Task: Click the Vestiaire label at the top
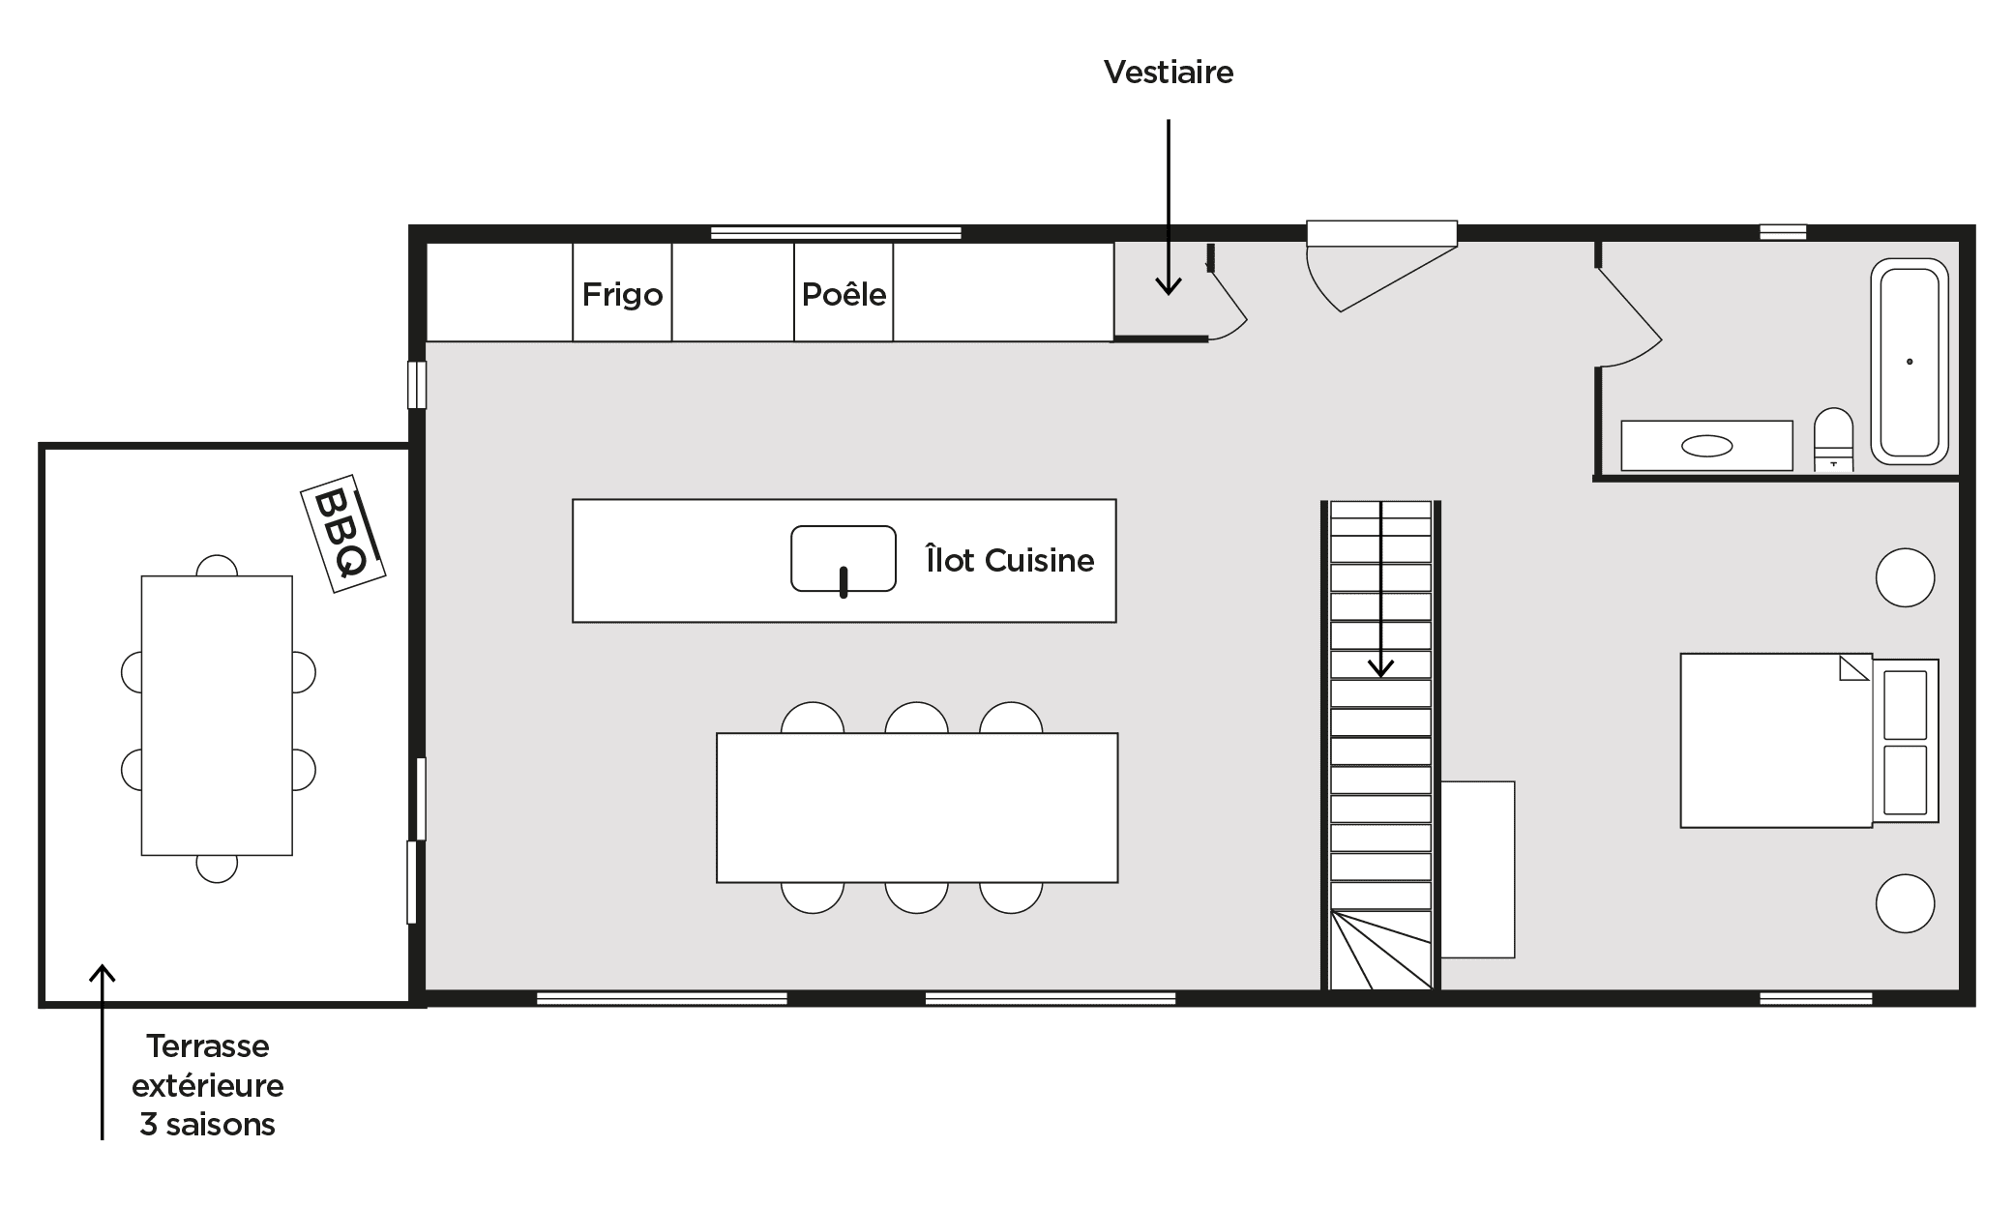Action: pyautogui.click(x=1169, y=73)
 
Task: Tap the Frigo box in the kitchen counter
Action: pyautogui.click(x=622, y=292)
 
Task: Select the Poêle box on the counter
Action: pyautogui.click(x=844, y=292)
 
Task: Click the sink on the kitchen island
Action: pyautogui.click(x=844, y=559)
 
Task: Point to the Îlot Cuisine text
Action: pyautogui.click(x=1010, y=560)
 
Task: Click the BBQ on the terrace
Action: pyautogui.click(x=343, y=533)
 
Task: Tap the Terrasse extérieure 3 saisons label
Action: pyautogui.click(x=208, y=1085)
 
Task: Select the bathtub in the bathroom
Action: pyautogui.click(x=1910, y=362)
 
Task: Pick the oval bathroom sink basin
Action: pyautogui.click(x=1707, y=446)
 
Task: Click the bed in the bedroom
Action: pyautogui.click(x=1809, y=741)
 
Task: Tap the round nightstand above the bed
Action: pyautogui.click(x=1905, y=577)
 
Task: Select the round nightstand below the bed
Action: pyautogui.click(x=1905, y=903)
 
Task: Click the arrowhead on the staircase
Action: pyautogui.click(x=1380, y=668)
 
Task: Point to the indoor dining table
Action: pyautogui.click(x=917, y=808)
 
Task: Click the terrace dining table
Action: pyautogui.click(x=217, y=716)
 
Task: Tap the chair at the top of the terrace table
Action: pyautogui.click(x=217, y=566)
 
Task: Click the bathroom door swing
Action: pyautogui.click(x=1629, y=318)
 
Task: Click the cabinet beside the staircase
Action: pyautogui.click(x=1478, y=869)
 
